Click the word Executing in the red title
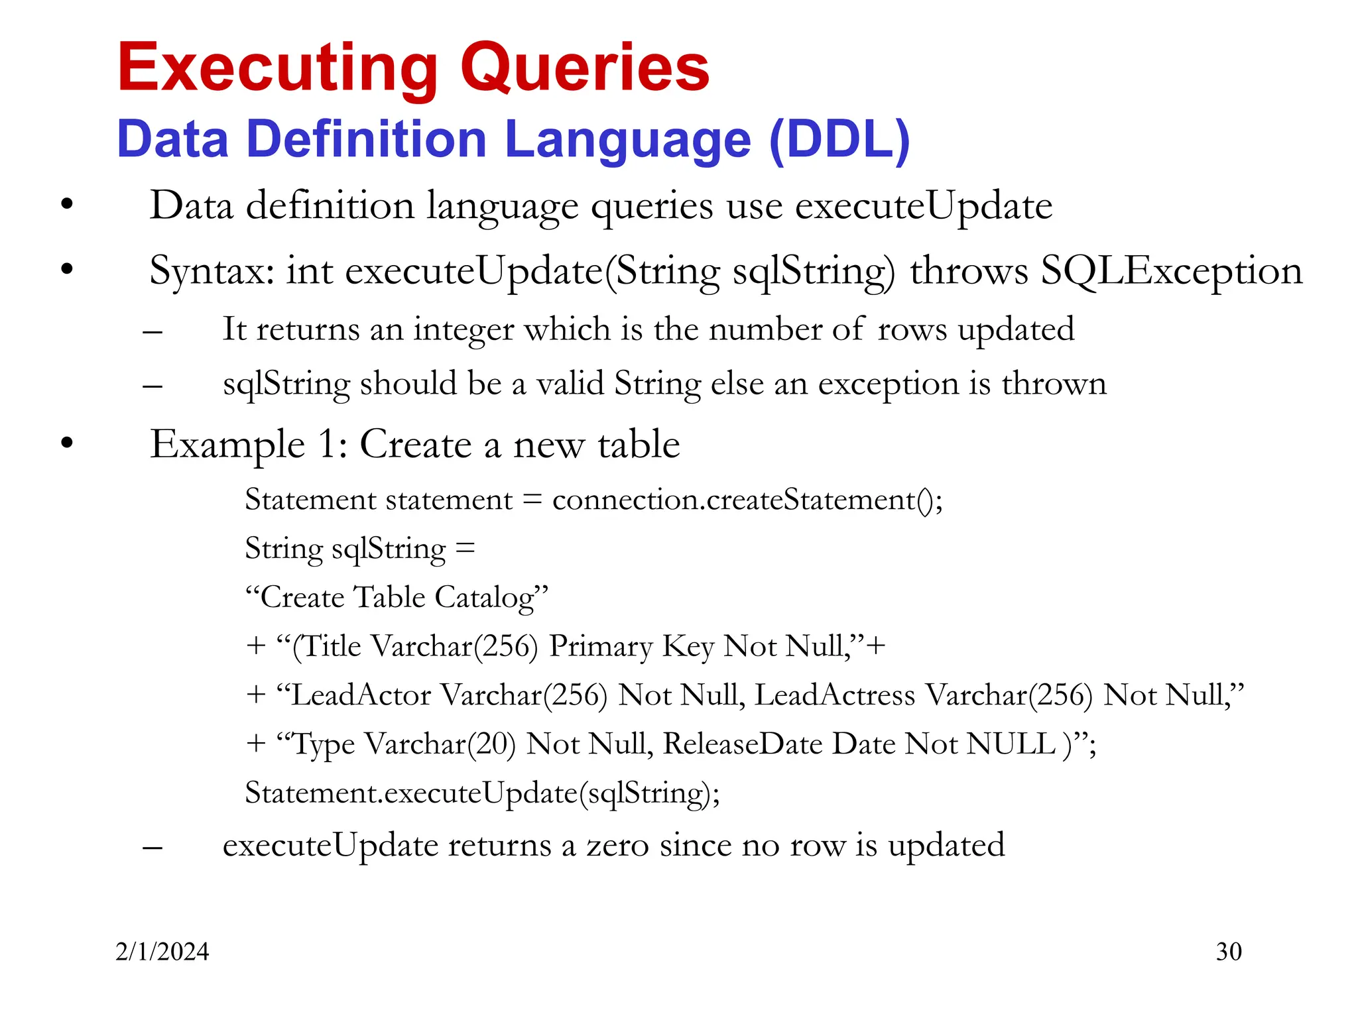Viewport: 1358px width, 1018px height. click(x=277, y=68)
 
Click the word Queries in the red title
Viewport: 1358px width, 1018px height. click(x=585, y=68)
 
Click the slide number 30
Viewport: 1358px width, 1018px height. click(x=1229, y=952)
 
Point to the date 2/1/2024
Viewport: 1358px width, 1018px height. click(x=162, y=952)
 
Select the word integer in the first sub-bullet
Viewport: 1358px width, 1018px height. click(x=463, y=329)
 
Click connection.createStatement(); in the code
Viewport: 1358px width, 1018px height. click(x=747, y=500)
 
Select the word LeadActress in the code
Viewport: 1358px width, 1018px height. click(x=835, y=695)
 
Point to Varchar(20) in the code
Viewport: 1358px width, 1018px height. click(x=440, y=744)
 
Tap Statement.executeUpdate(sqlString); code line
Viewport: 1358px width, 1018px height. click(x=482, y=793)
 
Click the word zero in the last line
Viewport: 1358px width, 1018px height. click(x=617, y=846)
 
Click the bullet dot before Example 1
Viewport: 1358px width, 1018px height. click(x=66, y=443)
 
